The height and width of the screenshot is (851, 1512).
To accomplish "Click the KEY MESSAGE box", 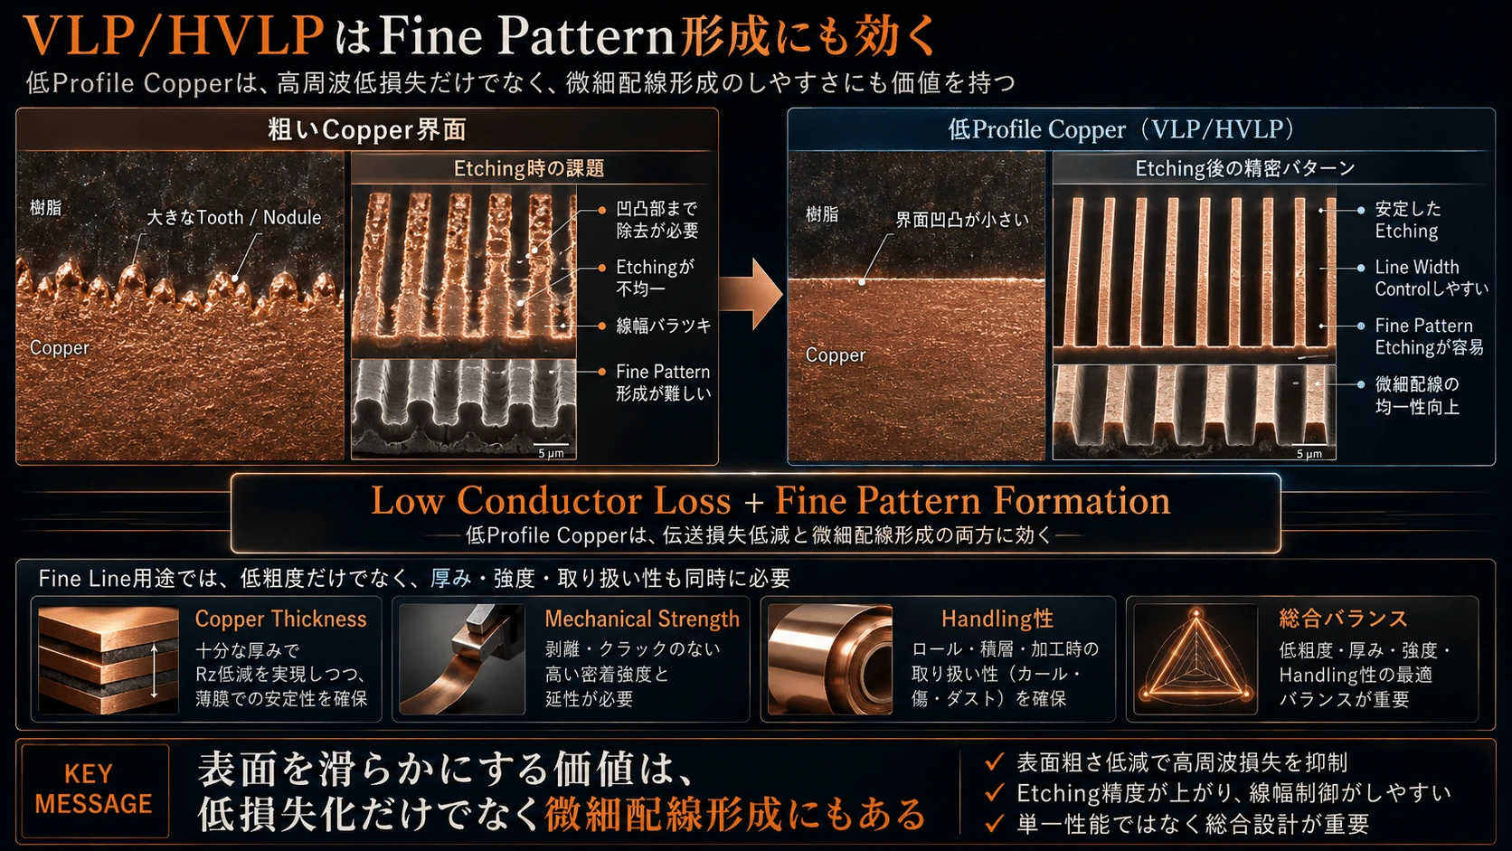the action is [95, 790].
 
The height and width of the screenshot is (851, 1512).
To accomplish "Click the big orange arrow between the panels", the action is [751, 294].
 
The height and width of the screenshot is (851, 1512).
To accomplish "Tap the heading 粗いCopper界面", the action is [367, 129].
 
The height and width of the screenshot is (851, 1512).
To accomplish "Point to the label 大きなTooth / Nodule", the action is [233, 217].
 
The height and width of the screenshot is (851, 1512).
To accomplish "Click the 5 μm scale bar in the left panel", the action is [551, 446].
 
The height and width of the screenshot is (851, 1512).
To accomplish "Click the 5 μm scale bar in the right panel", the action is [1309, 446].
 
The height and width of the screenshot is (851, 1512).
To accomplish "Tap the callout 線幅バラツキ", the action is [664, 326].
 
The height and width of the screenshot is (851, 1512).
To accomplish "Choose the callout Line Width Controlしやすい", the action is [1431, 278].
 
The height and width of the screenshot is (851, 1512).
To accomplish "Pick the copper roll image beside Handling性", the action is [830, 659].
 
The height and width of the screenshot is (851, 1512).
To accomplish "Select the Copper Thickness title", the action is [281, 619].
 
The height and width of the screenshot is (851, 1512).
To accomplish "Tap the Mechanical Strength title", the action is [642, 619].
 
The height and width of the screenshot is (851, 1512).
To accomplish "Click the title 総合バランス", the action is [1343, 619].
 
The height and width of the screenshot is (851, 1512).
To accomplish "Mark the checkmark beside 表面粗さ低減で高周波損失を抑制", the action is [994, 761].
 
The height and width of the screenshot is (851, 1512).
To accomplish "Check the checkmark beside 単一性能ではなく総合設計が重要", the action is [994, 823].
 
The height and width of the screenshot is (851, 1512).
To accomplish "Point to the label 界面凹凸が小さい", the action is [962, 220].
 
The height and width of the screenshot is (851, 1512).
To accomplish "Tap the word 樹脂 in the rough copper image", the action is [46, 207].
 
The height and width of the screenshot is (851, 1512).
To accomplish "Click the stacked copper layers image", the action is [108, 659].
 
